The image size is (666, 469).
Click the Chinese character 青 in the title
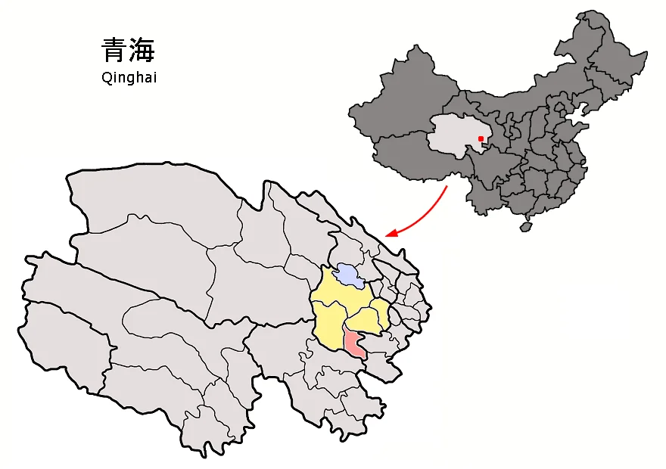114,51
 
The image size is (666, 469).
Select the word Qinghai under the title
129,77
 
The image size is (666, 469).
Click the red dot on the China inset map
481,138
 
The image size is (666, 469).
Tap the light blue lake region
348,275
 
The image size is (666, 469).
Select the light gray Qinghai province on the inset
454,136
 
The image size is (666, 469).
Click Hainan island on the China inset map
525,226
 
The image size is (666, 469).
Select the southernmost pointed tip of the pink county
366,358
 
